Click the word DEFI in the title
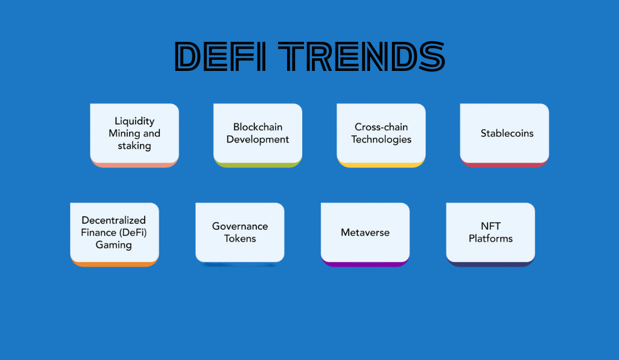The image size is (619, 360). coord(220,57)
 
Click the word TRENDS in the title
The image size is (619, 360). coord(362,57)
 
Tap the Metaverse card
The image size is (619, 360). coord(365,235)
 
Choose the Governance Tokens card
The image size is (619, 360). coord(240,233)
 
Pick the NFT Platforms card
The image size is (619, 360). coord(491,235)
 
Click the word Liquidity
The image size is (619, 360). coord(134,121)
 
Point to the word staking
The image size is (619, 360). coord(134,146)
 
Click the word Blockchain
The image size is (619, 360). coord(258,127)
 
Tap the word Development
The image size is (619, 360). coord(258,139)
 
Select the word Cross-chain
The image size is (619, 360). coord(381,127)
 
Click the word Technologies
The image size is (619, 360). coord(382,139)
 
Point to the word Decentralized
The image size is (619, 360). coord(114,220)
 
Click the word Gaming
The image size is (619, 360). coord(114,245)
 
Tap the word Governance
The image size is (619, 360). coord(240,226)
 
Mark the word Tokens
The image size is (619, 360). coord(240,239)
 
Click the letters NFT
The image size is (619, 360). coord(491,226)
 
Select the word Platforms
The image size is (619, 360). coord(491,239)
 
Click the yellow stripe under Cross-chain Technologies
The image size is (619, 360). coord(382,165)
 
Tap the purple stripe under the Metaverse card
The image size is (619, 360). coord(365,264)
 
